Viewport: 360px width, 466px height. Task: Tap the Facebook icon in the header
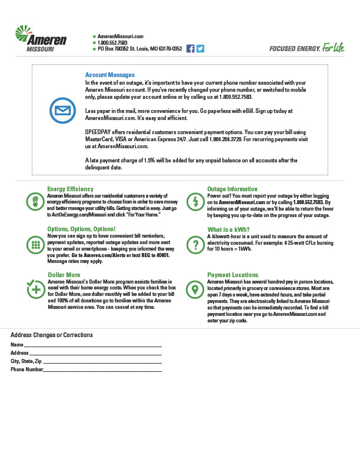(190, 49)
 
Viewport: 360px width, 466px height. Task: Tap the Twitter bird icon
(200, 49)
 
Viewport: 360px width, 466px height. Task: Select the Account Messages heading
(110, 75)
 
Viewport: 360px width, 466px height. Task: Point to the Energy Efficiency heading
(70, 189)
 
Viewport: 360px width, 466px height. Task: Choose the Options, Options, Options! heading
(81, 229)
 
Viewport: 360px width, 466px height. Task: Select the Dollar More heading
(64, 275)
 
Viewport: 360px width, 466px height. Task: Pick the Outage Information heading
(232, 189)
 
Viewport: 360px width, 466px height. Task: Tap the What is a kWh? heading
(229, 229)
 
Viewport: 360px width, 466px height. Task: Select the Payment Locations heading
(233, 275)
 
